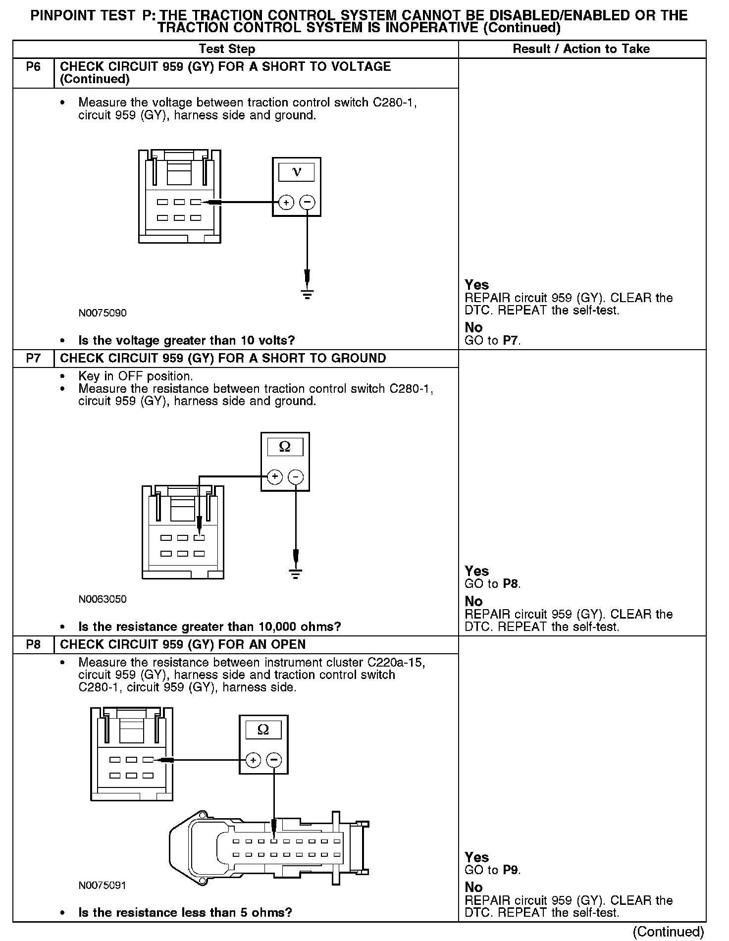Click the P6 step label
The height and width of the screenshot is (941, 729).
[33, 67]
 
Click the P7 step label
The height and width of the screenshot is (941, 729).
[33, 358]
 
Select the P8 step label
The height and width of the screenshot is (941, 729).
[33, 644]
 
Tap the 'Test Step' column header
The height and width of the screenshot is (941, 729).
[227, 49]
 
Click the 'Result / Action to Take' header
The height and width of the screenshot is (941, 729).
[581, 49]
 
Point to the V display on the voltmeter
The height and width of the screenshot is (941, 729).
[297, 172]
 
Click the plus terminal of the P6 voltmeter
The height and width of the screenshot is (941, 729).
[286, 202]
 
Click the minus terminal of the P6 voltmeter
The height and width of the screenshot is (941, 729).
[308, 202]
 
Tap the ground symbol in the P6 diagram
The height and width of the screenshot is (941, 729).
[308, 295]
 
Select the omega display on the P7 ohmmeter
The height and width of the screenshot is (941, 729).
[285, 447]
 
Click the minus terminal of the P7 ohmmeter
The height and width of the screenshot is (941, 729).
[296, 477]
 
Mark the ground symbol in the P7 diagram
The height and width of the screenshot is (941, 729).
[296, 574]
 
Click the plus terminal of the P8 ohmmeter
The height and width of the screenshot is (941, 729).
[253, 760]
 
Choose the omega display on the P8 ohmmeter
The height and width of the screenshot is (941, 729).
[263, 730]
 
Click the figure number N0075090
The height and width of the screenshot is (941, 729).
[103, 313]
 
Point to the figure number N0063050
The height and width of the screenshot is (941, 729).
[103, 599]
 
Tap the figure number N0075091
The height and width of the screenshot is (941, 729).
[103, 885]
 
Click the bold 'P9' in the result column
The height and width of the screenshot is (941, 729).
[511, 870]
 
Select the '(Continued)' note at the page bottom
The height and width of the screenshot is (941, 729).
[668, 931]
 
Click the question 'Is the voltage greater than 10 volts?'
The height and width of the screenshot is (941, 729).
[187, 341]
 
